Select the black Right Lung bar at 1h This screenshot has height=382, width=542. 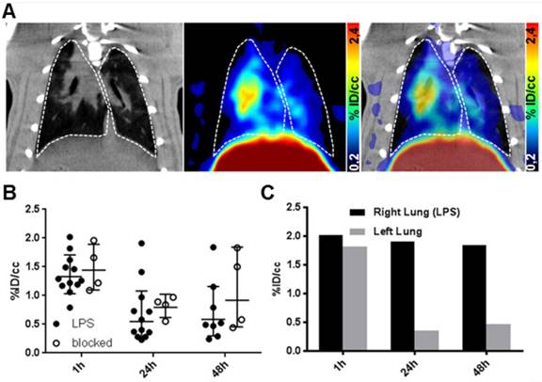330,293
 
